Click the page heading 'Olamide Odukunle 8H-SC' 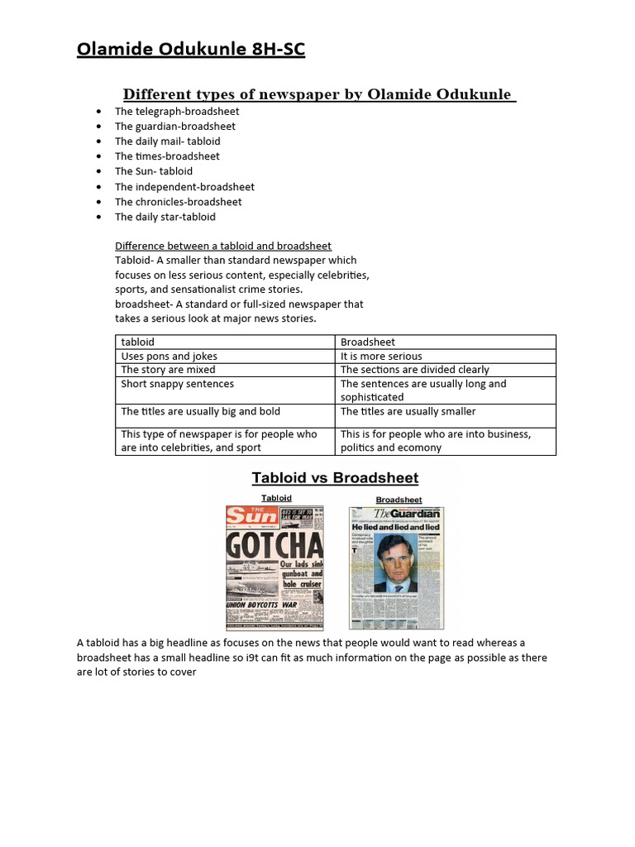191,50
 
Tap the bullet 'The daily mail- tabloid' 168,141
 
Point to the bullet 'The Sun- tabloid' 154,171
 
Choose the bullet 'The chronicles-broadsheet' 179,202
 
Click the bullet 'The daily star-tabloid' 165,217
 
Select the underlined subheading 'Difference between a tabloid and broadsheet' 223,246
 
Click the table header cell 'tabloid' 138,342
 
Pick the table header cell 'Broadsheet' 368,342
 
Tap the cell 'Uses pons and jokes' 169,356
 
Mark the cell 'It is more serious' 381,356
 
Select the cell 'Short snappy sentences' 178,384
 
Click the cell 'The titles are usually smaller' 408,411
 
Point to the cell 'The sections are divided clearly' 415,370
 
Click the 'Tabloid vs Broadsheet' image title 335,478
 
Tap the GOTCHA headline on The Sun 275,545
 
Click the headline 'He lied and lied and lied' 396,527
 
